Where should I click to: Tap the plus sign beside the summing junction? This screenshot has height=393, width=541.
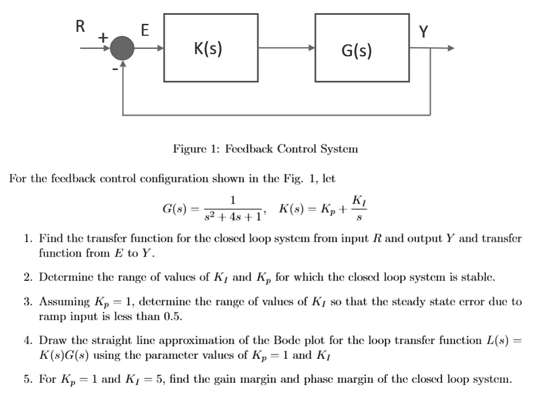pyautogui.click(x=102, y=38)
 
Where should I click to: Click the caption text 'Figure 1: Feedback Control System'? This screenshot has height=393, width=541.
pyautogui.click(x=266, y=149)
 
